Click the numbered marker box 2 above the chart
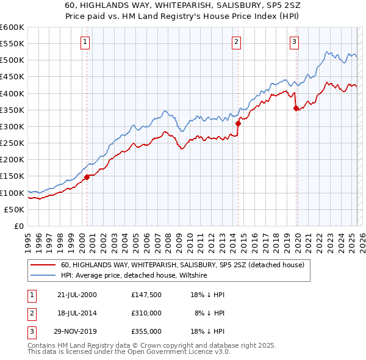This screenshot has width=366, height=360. (x=236, y=42)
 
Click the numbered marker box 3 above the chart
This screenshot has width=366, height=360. (x=294, y=42)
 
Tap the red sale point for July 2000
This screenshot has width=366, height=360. (x=87, y=177)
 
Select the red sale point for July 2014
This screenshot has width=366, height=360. (x=239, y=123)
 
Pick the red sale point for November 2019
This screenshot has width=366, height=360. (x=296, y=108)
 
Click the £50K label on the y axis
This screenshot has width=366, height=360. (x=15, y=209)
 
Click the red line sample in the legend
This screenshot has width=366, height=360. (x=43, y=265)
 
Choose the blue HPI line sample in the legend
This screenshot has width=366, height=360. (x=43, y=275)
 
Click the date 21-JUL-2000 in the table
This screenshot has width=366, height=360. (x=77, y=295)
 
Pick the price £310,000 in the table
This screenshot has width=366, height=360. (x=146, y=313)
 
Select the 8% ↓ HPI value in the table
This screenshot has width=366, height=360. (x=210, y=313)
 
